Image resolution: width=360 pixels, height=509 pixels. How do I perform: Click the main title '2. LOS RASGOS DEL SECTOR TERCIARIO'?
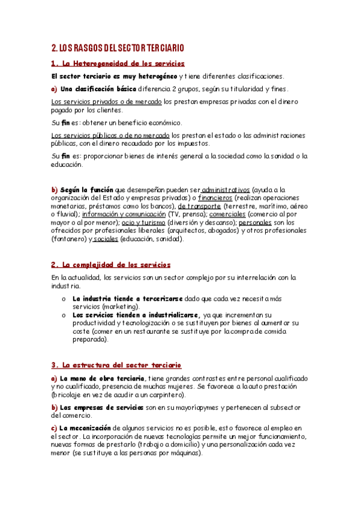click(118, 48)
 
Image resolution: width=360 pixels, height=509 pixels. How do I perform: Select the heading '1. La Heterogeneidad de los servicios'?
click(118, 64)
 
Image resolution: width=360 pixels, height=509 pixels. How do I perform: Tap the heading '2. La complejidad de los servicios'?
click(110, 265)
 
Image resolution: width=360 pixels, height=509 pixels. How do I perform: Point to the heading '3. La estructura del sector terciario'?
click(116, 365)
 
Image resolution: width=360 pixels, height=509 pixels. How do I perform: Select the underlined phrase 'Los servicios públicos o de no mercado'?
click(110, 136)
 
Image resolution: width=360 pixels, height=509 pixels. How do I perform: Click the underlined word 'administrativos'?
click(226, 190)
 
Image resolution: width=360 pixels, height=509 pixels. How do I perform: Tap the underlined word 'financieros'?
click(214, 198)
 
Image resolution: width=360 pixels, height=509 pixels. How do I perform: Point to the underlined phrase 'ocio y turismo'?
click(143, 223)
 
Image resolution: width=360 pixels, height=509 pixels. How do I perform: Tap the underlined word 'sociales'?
click(106, 239)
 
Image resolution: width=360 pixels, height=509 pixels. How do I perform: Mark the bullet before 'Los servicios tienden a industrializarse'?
click(64, 315)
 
